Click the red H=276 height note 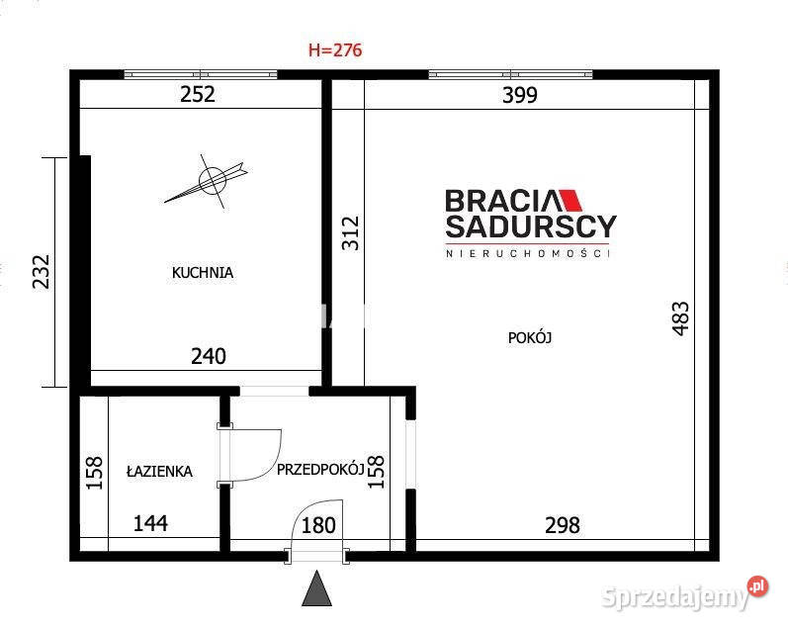tap(335, 50)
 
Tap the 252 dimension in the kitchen tap(198, 95)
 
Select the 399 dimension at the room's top tap(520, 95)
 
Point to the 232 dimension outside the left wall tap(42, 272)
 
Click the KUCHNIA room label tap(203, 273)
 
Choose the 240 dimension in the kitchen tap(209, 356)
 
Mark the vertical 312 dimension tap(351, 233)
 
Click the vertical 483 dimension tap(680, 318)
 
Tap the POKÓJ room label tap(530, 337)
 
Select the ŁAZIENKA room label tap(159, 471)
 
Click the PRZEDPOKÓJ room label tap(320, 470)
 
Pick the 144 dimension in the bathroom tap(150, 524)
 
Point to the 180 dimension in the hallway tap(318, 526)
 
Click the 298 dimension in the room tap(563, 526)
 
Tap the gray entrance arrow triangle tap(316, 587)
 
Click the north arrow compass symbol tap(211, 181)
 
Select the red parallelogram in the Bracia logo tap(569, 200)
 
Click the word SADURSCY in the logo tap(531, 226)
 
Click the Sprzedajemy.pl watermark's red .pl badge tap(758, 586)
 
